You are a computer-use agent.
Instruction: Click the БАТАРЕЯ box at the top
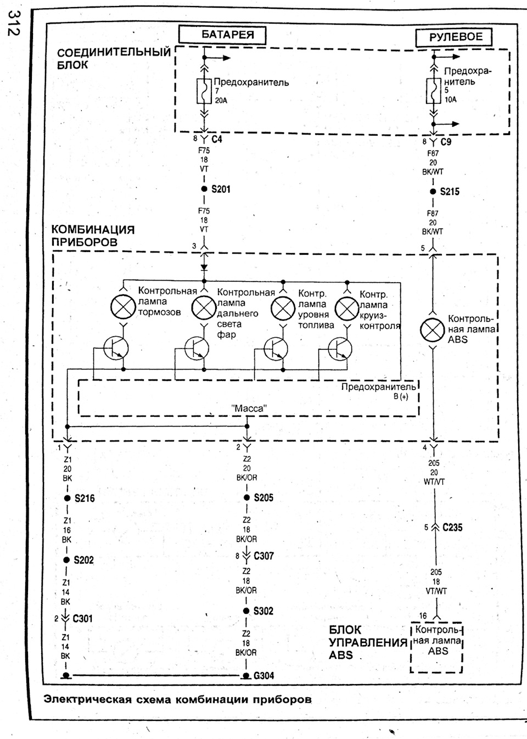click(x=222, y=35)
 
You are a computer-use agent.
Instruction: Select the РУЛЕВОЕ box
click(x=454, y=37)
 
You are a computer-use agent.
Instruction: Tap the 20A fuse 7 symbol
click(x=204, y=91)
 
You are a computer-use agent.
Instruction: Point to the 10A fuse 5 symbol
click(x=434, y=91)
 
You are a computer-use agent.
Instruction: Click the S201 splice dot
click(x=204, y=189)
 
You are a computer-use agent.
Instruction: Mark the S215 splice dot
click(x=433, y=192)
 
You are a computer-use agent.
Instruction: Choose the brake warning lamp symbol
click(x=123, y=307)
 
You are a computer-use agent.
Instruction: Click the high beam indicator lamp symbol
click(x=204, y=308)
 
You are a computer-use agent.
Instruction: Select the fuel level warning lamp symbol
click(x=283, y=308)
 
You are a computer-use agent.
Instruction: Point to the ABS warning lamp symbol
click(x=433, y=330)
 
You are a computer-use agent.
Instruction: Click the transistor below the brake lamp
click(x=116, y=349)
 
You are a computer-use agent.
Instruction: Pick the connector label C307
click(x=264, y=556)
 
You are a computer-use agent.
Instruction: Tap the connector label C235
click(x=452, y=528)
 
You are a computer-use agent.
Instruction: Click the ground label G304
click(x=264, y=676)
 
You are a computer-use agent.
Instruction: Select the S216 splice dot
click(x=68, y=498)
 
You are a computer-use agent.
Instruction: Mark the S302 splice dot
click(x=246, y=611)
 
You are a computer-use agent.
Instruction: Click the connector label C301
click(x=82, y=619)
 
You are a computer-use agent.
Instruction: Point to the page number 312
click(x=14, y=23)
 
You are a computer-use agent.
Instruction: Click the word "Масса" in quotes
click(x=249, y=408)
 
